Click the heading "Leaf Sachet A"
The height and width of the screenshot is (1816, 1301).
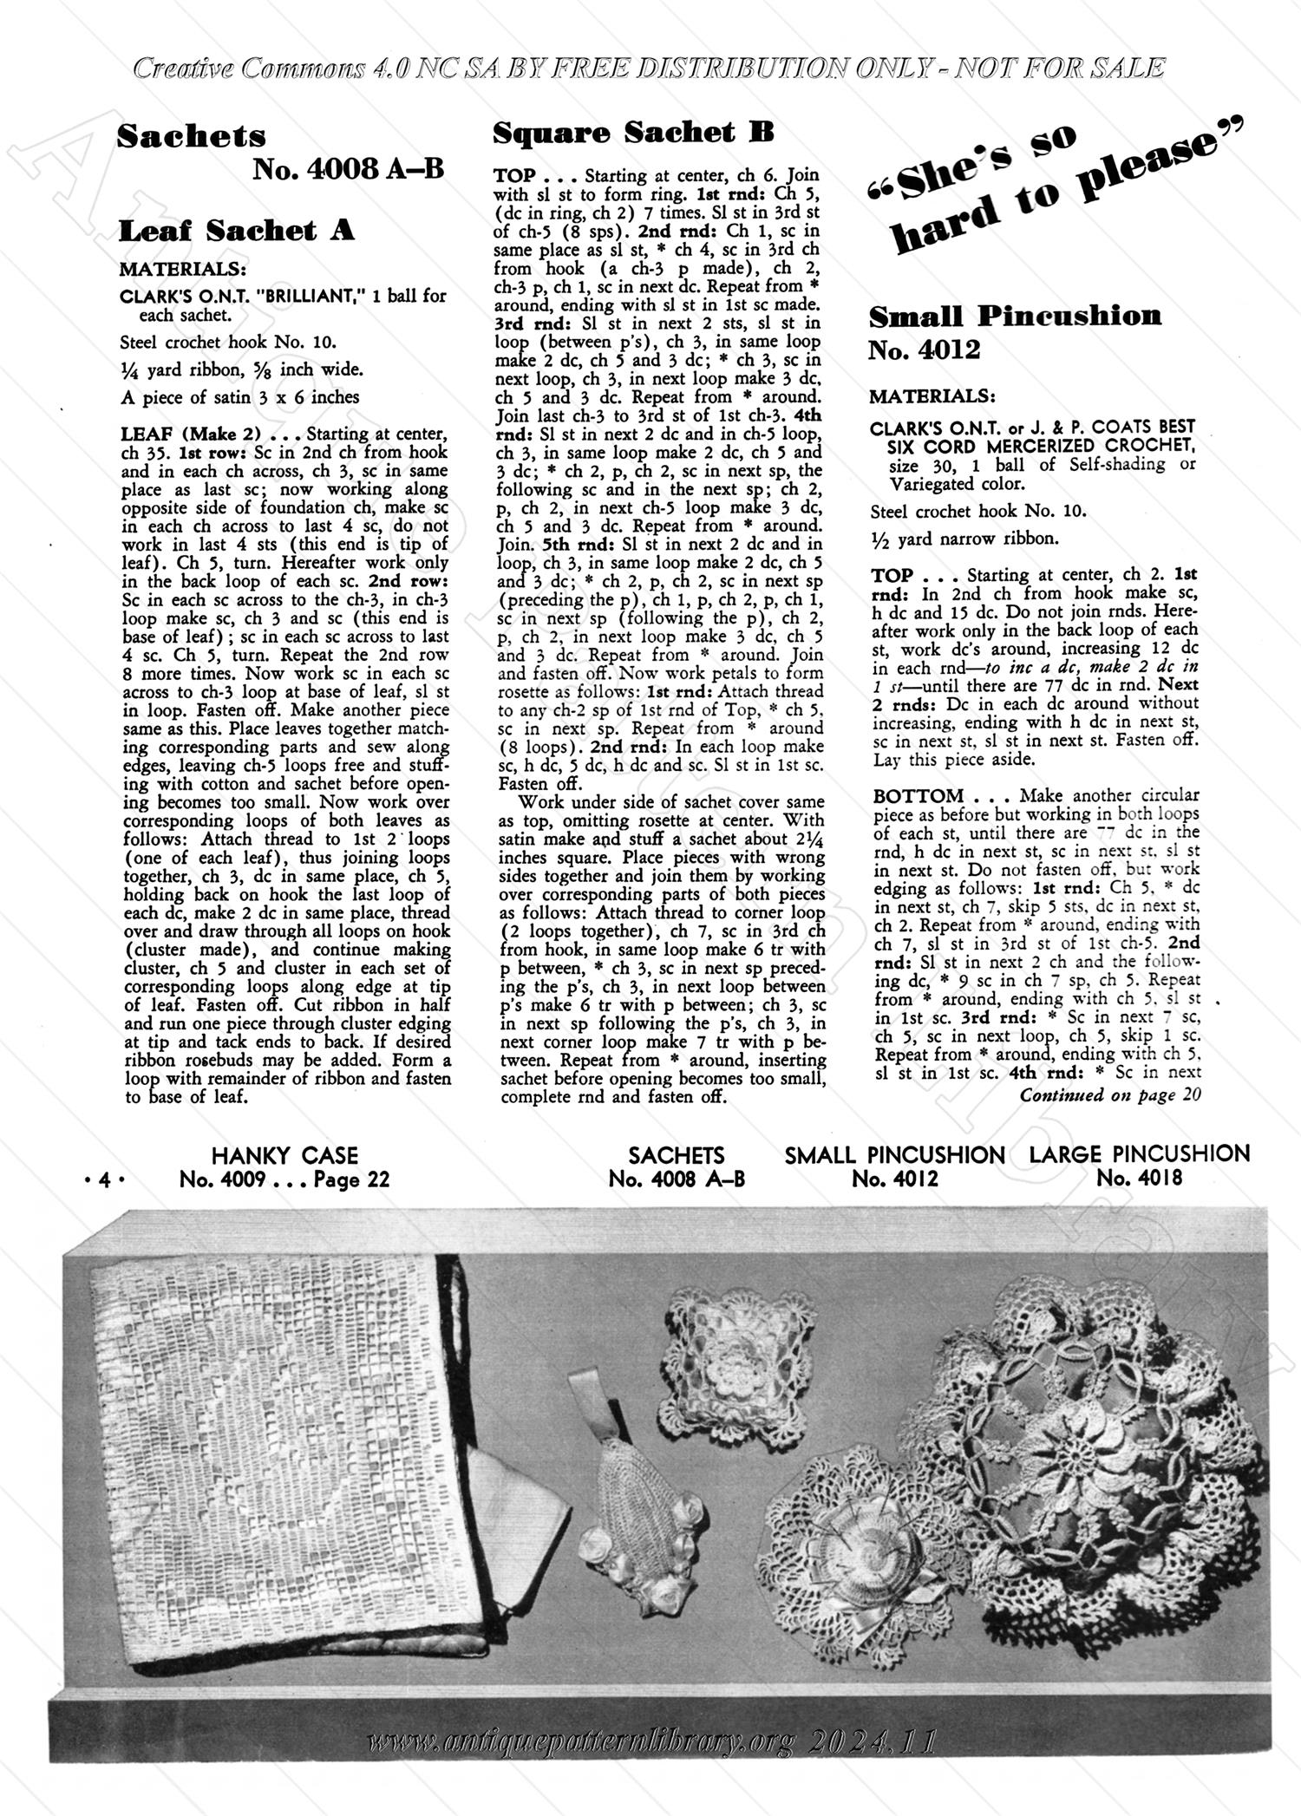pos(236,231)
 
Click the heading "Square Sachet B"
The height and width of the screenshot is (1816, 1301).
pos(633,133)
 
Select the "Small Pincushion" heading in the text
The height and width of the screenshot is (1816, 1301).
pos(1015,316)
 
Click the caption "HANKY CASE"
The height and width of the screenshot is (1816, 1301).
pos(284,1155)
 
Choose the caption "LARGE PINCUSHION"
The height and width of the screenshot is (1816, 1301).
pos(1139,1154)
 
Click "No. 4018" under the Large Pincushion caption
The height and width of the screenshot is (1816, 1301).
pos(1139,1178)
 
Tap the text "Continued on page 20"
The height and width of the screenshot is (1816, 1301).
pos(1109,1094)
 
